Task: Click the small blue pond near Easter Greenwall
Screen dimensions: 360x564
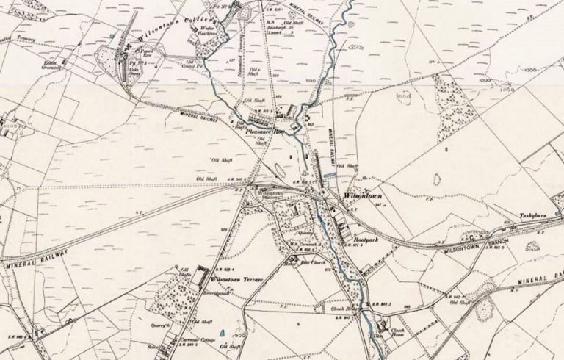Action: click(112, 35)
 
